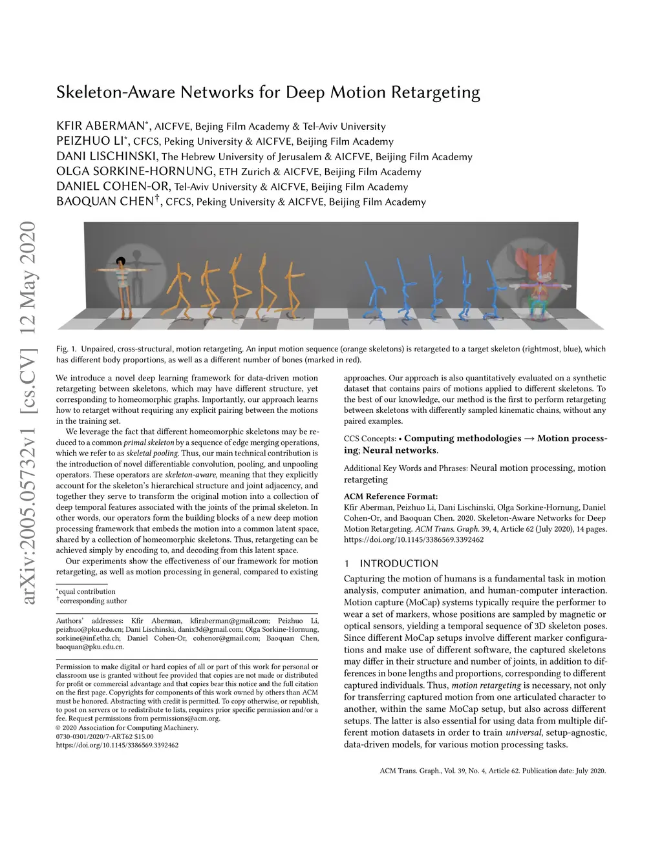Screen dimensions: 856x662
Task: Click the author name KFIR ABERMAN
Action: tap(100, 126)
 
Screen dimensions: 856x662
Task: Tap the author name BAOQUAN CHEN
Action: tap(105, 202)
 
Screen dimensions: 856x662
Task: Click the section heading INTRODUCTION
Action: tap(398, 563)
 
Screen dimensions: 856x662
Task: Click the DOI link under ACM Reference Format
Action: tap(414, 539)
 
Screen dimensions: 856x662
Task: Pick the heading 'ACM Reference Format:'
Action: tap(390, 496)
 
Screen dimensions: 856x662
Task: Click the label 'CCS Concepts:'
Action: tap(370, 439)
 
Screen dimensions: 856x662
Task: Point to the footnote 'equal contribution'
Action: tap(87, 591)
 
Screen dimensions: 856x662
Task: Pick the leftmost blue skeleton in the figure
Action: tap(375, 291)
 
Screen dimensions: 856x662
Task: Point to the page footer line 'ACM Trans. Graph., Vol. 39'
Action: tap(493, 771)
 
